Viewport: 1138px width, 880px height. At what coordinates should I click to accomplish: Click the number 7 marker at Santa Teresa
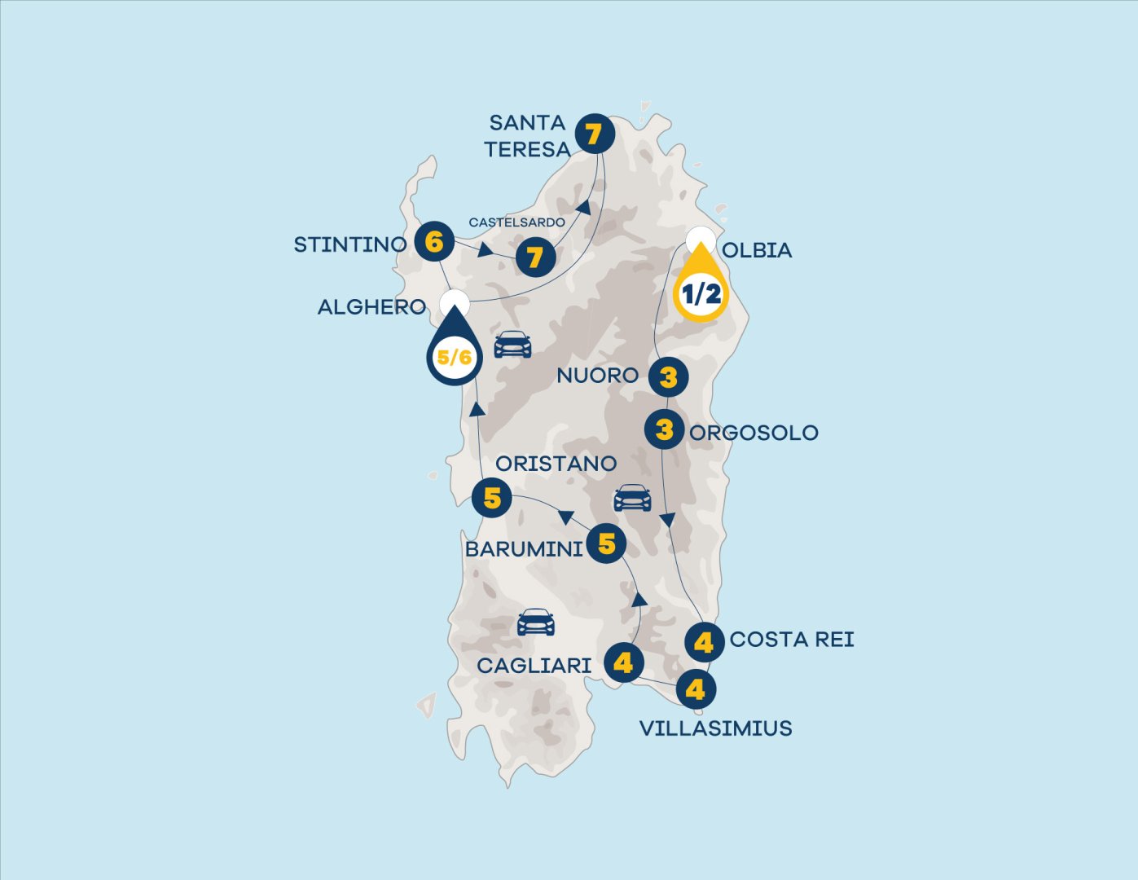point(594,134)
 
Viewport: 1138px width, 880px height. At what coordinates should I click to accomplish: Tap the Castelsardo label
point(516,222)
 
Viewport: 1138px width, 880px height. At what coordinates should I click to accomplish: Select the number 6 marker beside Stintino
point(434,242)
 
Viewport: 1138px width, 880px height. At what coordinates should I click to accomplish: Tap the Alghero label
point(371,307)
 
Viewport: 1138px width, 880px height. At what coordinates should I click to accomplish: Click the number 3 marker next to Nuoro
point(668,377)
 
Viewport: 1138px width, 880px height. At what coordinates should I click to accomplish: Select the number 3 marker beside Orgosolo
point(664,429)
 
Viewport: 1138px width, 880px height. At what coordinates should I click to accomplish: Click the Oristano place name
point(556,464)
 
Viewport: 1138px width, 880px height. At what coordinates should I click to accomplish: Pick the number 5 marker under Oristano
point(491,498)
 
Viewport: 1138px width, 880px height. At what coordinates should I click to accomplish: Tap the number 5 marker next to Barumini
point(606,543)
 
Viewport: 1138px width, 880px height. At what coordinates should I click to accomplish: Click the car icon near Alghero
point(512,344)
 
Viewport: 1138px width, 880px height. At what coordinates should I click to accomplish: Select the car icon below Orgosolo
point(632,498)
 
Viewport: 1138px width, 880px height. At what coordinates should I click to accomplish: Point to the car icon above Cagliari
point(536,623)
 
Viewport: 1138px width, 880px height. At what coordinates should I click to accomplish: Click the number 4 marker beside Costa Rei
point(704,642)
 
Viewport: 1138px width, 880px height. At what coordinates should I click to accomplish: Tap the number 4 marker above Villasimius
point(695,689)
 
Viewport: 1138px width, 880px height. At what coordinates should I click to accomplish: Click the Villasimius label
point(715,728)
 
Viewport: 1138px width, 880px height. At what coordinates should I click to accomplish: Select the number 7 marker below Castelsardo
point(534,257)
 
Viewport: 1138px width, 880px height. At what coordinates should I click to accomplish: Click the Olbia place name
point(757,250)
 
